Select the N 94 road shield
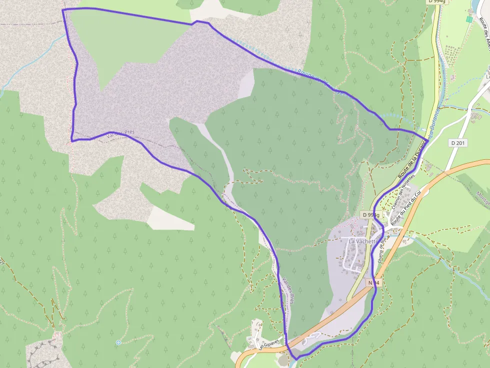(374, 283)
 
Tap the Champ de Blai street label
(383, 248)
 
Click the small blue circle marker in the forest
(118, 343)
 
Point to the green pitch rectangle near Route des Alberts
(469, 19)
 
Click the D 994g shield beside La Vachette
(371, 215)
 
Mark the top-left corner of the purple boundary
(63, 10)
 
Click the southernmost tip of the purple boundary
(296, 359)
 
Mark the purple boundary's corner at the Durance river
(428, 138)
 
